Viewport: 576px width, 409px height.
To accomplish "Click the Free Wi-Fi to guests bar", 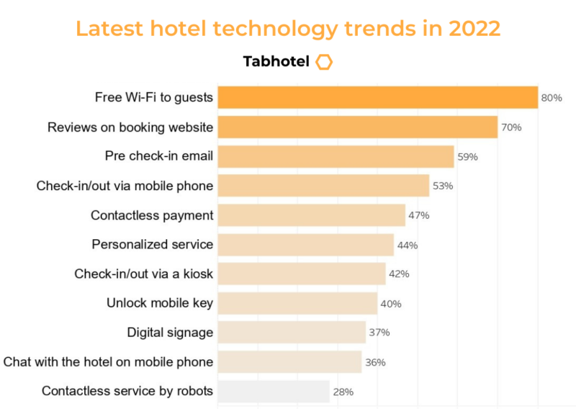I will point(377,97).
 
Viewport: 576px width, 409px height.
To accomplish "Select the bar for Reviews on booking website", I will point(357,127).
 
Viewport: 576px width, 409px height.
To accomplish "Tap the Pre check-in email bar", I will point(336,156).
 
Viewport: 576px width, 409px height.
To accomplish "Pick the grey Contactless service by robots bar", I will point(273,392).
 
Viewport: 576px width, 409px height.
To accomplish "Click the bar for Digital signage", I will point(292,333).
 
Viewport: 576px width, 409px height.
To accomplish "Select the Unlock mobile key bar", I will point(297,303).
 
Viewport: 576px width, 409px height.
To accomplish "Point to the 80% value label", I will point(552,98).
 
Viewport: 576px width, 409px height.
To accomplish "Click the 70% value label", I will point(511,127).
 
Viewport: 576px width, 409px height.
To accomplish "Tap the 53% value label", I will point(443,186).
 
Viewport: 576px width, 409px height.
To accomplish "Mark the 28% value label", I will point(343,392).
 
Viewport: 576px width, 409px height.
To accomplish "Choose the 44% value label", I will point(408,245).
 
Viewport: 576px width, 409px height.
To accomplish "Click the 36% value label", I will point(375,362).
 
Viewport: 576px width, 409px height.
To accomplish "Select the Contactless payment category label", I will point(152,215).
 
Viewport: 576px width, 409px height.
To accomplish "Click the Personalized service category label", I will point(152,245).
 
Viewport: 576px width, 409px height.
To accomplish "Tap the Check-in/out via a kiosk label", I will point(143,274).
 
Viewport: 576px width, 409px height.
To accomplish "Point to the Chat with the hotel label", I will point(108,361).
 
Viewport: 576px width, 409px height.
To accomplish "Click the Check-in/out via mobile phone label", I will point(125,186).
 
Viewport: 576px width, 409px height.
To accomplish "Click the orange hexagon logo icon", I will point(324,62).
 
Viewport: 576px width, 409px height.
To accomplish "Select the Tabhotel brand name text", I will point(276,62).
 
